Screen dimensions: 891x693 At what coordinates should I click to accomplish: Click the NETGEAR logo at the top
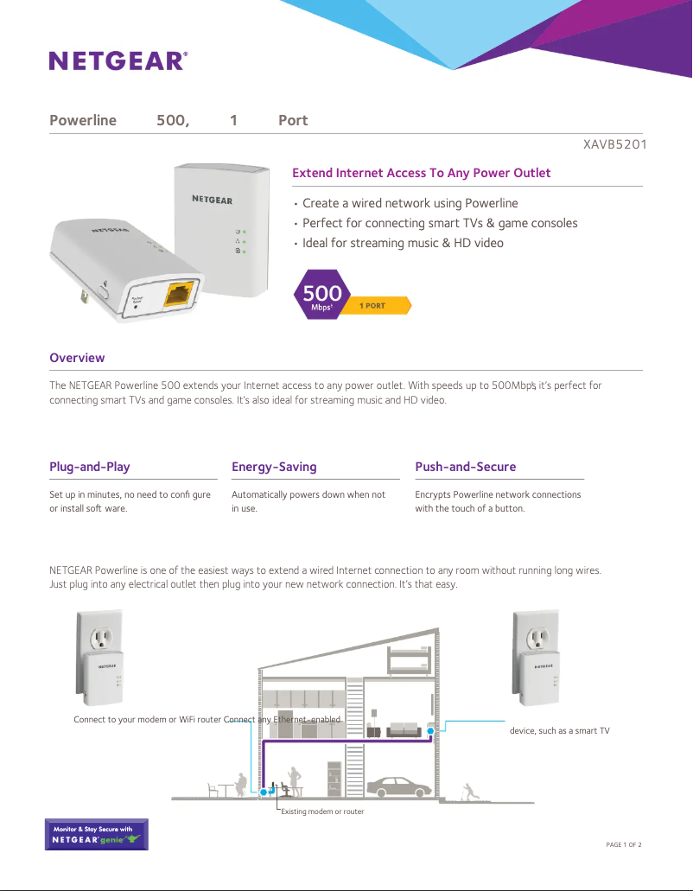[x=118, y=60]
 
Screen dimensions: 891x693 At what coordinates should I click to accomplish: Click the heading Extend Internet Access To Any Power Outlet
[x=421, y=173]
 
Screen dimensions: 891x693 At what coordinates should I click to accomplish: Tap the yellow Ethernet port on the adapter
[x=178, y=294]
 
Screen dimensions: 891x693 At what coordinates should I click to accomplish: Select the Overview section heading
[x=77, y=358]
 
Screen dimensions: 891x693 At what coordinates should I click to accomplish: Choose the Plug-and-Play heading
[x=90, y=467]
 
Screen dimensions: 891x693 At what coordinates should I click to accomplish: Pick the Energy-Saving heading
[x=274, y=467]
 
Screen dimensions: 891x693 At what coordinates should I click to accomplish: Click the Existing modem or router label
[x=322, y=811]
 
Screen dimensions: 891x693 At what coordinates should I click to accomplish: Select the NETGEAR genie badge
[x=96, y=834]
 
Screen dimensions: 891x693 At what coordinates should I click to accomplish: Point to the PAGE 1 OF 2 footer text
[x=624, y=844]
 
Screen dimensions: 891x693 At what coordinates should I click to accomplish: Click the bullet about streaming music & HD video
[x=402, y=243]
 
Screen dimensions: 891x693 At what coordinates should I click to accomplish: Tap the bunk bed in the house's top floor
[x=408, y=661]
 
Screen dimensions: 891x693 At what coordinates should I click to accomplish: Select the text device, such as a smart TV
[x=559, y=731]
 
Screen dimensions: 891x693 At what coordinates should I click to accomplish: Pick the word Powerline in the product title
[x=83, y=120]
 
